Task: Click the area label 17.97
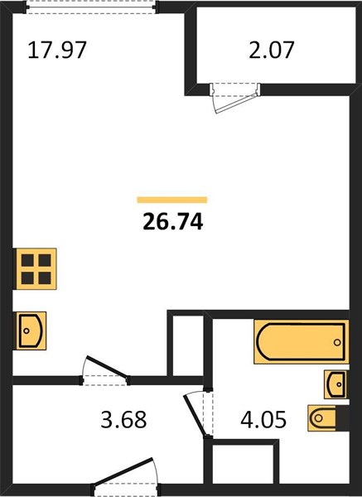pyautogui.click(x=57, y=50)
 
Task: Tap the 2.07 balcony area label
pyautogui.click(x=272, y=50)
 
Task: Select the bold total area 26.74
pyautogui.click(x=173, y=221)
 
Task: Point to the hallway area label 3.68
pyautogui.click(x=123, y=419)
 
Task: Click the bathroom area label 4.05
pyautogui.click(x=263, y=419)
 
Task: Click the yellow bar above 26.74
pyautogui.click(x=172, y=200)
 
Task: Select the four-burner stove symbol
pyautogui.click(x=36, y=268)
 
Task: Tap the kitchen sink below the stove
pyautogui.click(x=31, y=331)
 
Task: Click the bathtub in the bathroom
pyautogui.click(x=302, y=341)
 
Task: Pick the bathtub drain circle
pyautogui.click(x=337, y=342)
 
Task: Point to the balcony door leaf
pyautogui.click(x=236, y=103)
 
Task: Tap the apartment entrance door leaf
pyautogui.click(x=123, y=471)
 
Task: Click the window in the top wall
pyautogui.click(x=91, y=7)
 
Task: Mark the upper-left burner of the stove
pyautogui.click(x=27, y=260)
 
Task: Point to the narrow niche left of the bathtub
pyautogui.click(x=188, y=345)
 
